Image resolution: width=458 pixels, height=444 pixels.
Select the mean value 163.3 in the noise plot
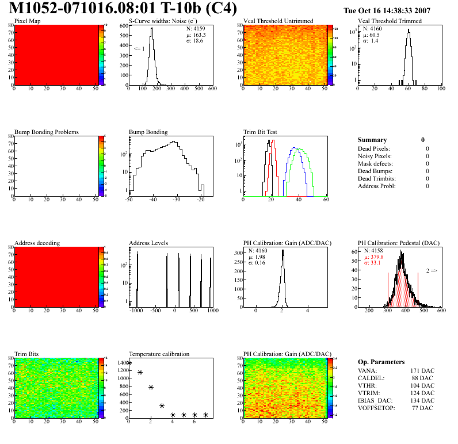coord(200,35)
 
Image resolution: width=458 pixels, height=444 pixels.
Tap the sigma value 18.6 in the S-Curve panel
coord(199,41)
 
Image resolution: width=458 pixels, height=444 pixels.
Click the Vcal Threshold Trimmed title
coord(390,21)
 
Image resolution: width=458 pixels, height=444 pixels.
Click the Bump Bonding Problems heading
coord(46,132)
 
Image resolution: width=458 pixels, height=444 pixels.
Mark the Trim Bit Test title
coord(261,132)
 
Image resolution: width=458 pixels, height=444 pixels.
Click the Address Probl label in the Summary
coord(376,186)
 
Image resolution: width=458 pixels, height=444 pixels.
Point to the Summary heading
coord(372,140)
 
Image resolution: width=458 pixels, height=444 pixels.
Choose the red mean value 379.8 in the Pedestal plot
coord(375,257)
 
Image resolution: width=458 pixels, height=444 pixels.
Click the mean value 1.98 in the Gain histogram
coord(258,257)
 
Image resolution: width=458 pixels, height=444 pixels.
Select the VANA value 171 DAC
coord(422,370)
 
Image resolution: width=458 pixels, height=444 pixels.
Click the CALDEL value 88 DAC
coord(423,378)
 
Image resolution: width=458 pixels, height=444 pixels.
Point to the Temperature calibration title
coord(159,354)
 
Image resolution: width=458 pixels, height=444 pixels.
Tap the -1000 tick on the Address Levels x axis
coord(136,311)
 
